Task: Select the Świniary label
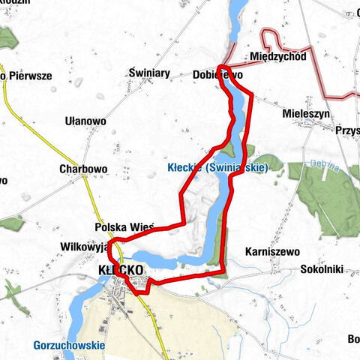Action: point(149,73)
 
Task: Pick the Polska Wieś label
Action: point(124,226)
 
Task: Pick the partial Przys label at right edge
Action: point(348,129)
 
